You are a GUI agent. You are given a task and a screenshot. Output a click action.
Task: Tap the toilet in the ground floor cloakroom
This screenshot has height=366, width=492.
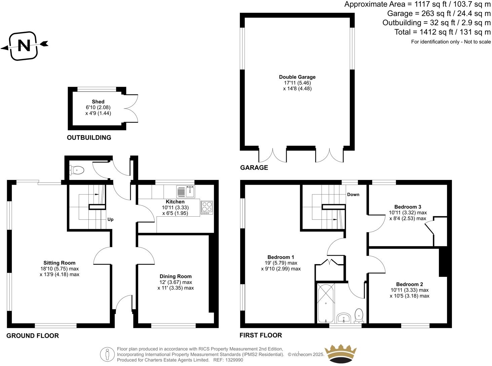[x=77, y=171]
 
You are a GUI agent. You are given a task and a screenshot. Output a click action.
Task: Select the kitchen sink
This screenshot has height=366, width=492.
[x=185, y=192]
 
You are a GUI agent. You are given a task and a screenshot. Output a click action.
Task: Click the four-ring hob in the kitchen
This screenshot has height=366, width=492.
[x=207, y=208]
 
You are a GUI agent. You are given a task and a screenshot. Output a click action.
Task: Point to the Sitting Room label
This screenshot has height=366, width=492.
[x=59, y=263]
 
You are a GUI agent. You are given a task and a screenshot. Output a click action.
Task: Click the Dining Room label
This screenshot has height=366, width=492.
[x=176, y=276]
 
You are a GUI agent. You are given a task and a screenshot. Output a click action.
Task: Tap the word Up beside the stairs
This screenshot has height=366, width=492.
[x=110, y=219]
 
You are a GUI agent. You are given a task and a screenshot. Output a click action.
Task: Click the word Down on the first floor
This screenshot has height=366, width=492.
[x=353, y=194]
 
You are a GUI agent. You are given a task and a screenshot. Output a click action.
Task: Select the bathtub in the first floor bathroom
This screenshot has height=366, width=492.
[x=326, y=303]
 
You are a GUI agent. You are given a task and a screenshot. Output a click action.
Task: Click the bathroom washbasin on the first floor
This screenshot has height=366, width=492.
[x=344, y=318]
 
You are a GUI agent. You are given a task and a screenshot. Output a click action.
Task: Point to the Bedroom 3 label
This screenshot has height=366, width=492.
[x=408, y=207]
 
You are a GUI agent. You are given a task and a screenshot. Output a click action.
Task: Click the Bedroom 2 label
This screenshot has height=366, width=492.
[x=409, y=284]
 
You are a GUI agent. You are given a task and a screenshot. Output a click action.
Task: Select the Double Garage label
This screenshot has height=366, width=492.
[x=297, y=77]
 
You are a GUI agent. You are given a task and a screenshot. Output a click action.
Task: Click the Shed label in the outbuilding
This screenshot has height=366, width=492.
[x=98, y=102]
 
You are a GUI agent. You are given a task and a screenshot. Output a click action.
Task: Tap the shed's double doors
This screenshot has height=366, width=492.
[x=131, y=109]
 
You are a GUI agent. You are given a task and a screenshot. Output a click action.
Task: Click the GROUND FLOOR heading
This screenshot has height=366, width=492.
[x=33, y=336]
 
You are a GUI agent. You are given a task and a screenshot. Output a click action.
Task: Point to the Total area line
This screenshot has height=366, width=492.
[x=443, y=32]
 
